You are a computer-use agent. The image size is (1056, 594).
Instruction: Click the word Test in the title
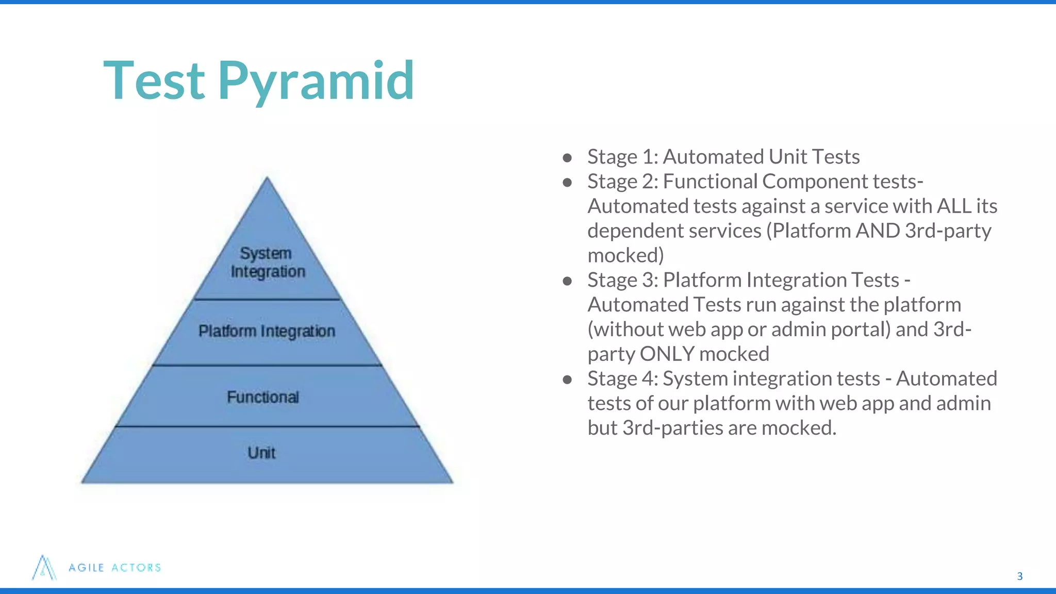coord(154,81)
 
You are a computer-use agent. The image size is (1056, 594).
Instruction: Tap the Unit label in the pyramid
coord(261,453)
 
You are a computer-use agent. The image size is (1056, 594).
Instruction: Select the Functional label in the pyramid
coord(263,397)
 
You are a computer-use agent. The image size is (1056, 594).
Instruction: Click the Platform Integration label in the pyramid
coord(267,331)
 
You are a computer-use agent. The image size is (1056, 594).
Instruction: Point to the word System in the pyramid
coord(266,253)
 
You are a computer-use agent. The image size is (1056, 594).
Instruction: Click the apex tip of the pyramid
coord(267,179)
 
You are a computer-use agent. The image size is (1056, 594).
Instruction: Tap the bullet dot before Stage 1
coord(567,157)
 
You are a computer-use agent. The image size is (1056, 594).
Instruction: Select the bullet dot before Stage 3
coord(567,280)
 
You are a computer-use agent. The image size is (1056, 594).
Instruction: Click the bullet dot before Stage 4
coord(567,379)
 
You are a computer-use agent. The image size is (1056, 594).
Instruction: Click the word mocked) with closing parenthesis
coord(625,256)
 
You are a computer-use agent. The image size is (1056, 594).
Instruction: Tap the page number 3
coord(1019,576)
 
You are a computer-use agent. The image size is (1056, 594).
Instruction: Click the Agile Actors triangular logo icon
coord(44,568)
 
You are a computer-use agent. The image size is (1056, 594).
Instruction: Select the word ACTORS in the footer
coord(136,568)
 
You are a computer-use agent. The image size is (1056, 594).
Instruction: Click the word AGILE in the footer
coord(87,568)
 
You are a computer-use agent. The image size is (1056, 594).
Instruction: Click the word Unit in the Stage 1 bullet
coord(787,157)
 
